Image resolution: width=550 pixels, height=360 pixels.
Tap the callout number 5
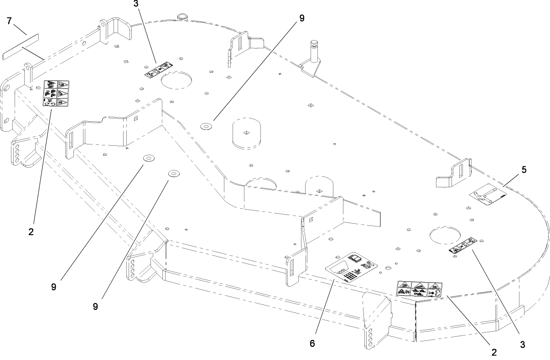coord(524,170)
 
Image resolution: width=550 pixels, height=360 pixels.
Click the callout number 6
coord(312,344)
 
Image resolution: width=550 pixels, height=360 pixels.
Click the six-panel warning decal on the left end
coord(56,94)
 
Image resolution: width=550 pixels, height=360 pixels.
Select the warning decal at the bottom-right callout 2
coord(420,289)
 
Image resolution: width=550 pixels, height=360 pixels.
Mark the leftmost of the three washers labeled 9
coord(149,158)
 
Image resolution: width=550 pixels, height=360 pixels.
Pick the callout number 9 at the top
coord(300,18)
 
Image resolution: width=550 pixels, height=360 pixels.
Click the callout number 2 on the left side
coord(31,231)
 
